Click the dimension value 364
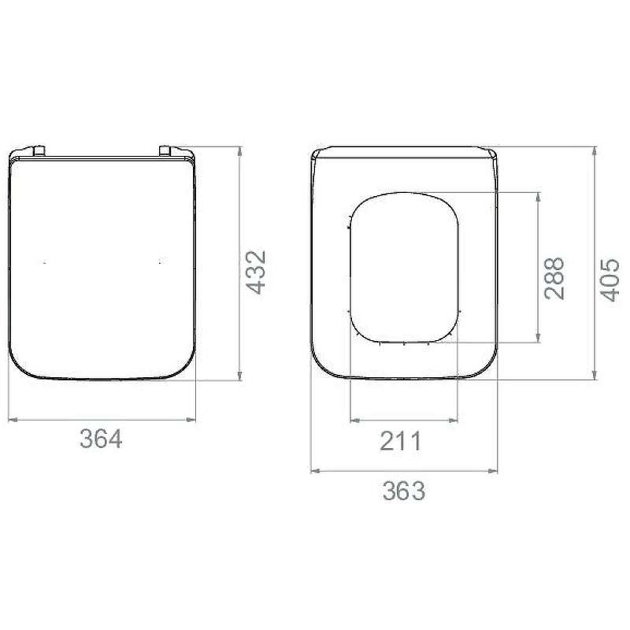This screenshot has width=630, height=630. click(x=101, y=439)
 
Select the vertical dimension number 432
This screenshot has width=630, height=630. click(x=256, y=272)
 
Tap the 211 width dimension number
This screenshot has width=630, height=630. click(x=401, y=441)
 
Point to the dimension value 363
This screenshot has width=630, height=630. click(x=403, y=491)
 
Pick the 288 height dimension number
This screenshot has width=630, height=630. click(x=554, y=278)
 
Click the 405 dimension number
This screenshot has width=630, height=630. click(x=610, y=280)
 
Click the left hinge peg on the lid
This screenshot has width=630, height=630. click(x=39, y=150)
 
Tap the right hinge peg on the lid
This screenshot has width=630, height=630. click(x=165, y=150)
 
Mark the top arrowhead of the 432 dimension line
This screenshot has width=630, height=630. click(x=240, y=151)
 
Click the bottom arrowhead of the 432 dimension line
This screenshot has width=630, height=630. click(x=240, y=376)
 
